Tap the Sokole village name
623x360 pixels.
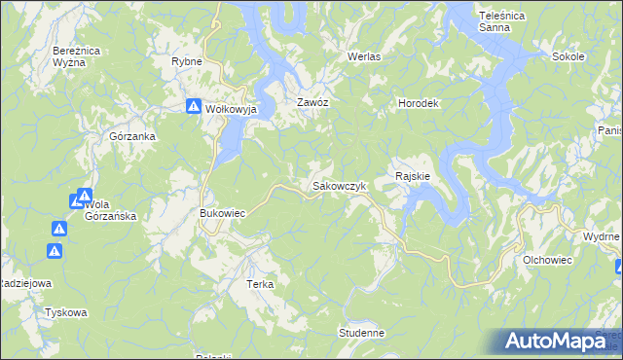coord(568,56)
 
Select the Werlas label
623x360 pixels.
coord(365,56)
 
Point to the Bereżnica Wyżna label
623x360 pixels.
coord(76,55)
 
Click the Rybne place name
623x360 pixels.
coord(186,61)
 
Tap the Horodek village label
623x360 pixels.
coord(420,103)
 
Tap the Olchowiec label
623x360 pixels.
coord(547,261)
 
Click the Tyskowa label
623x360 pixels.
coord(66,313)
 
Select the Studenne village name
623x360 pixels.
coord(362,333)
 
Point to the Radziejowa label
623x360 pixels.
coord(24,282)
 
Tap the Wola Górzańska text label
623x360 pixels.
coord(110,210)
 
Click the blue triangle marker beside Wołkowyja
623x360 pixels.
coord(194,106)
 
